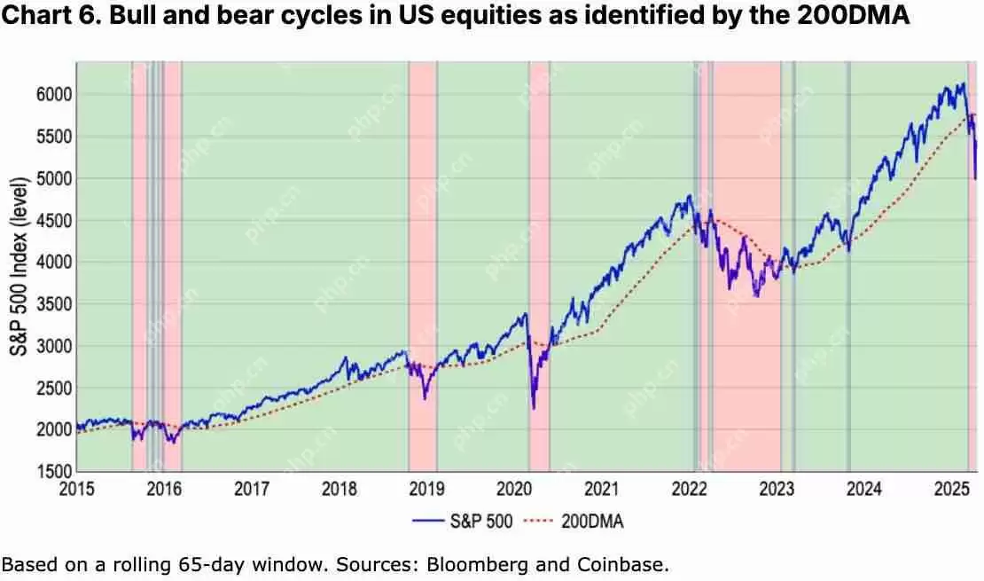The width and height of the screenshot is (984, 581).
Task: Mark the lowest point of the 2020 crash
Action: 534,408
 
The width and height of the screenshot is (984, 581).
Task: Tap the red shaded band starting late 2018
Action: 423,266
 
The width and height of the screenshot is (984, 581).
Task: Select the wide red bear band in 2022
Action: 746,266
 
